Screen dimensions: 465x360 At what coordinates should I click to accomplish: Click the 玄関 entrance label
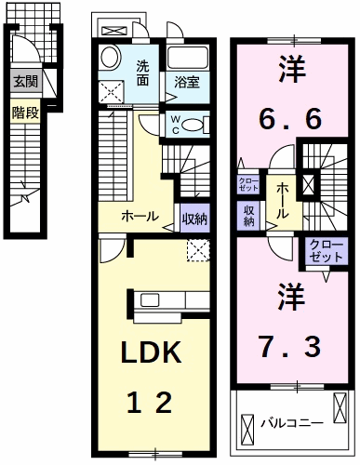click(25, 82)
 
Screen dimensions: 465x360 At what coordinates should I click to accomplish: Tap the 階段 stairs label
click(25, 113)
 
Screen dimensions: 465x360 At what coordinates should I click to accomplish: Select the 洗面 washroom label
click(143, 73)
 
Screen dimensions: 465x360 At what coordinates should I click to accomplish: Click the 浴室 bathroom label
click(187, 83)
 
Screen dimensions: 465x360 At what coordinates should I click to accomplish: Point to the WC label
click(174, 124)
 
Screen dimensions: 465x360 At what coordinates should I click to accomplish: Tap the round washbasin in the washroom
click(109, 57)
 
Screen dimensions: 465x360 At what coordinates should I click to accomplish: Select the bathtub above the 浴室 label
click(189, 55)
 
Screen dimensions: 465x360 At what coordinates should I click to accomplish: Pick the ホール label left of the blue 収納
click(140, 217)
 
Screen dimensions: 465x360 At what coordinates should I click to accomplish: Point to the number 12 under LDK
click(150, 403)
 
